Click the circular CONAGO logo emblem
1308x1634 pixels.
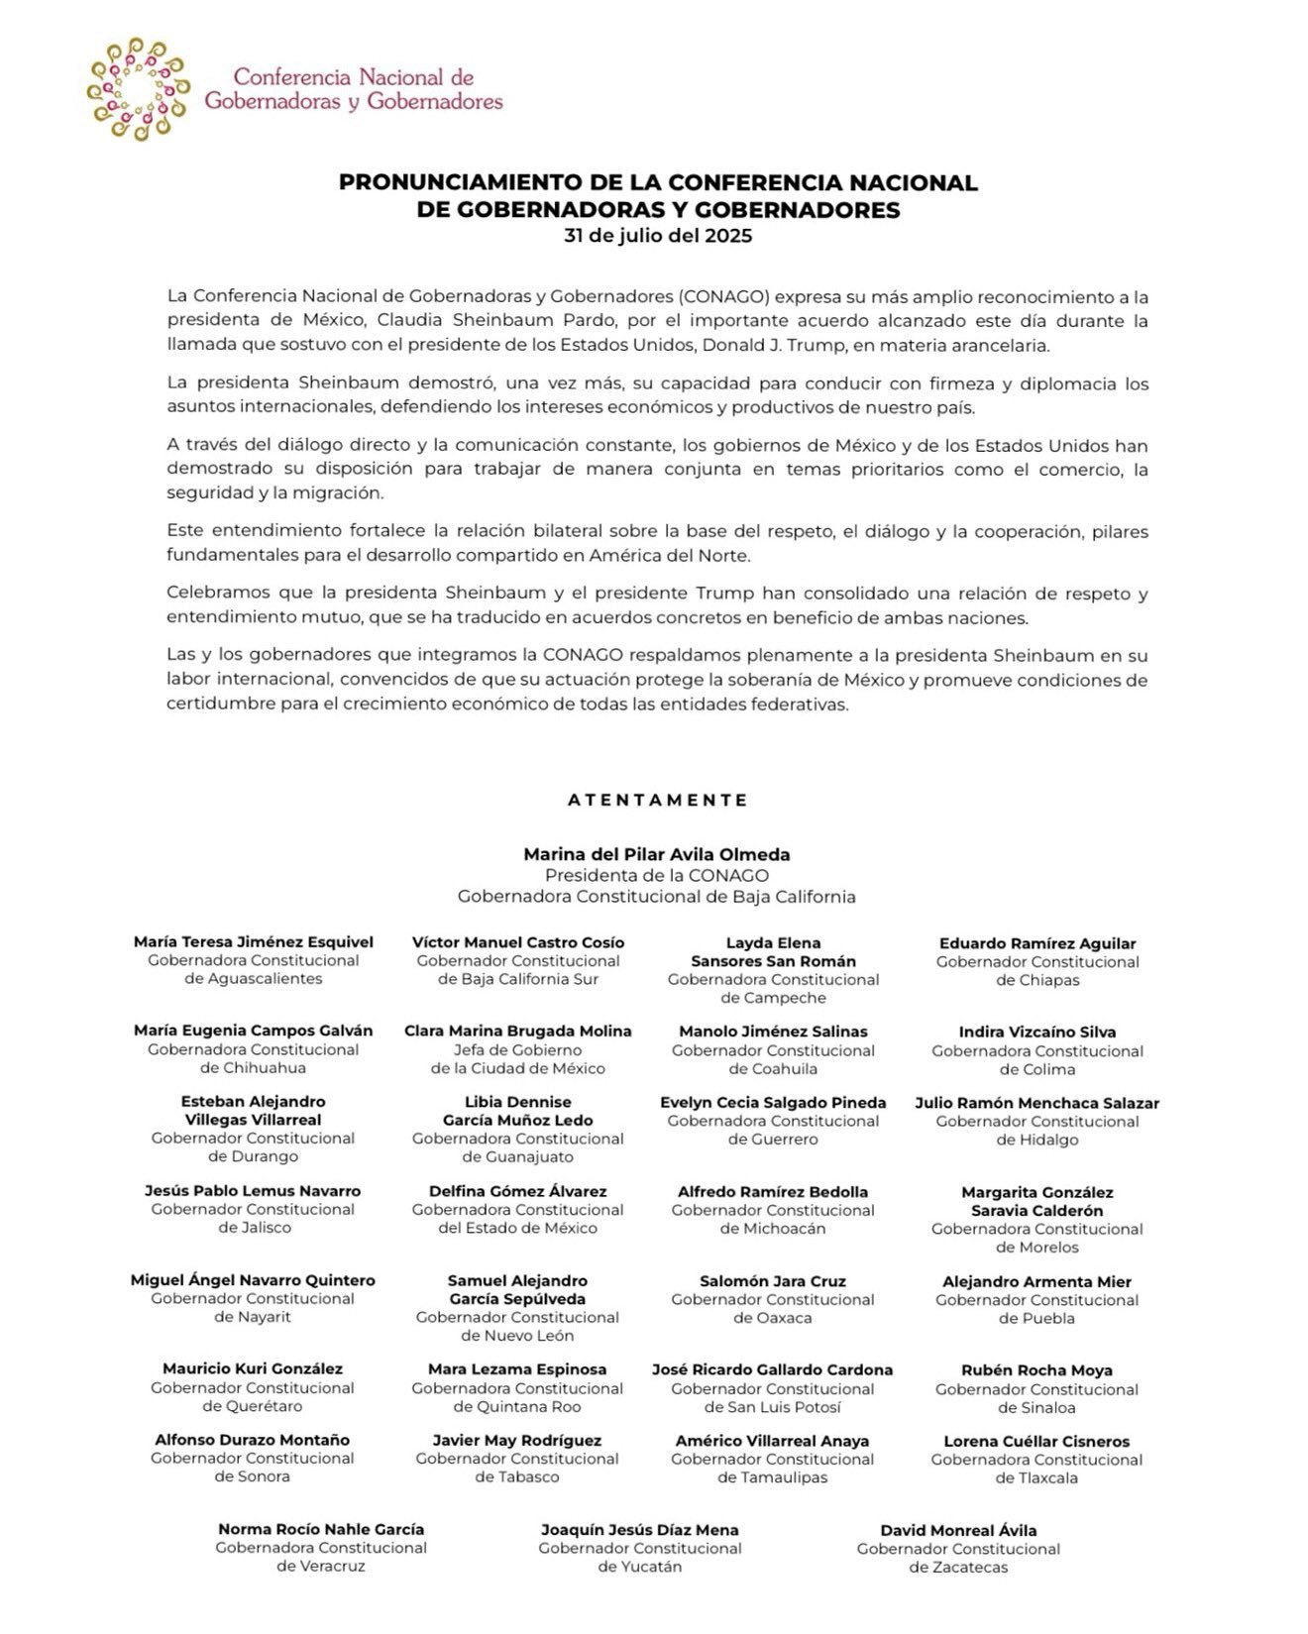click(x=138, y=89)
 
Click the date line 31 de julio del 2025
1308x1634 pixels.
click(x=658, y=236)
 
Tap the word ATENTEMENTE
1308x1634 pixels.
click(x=658, y=800)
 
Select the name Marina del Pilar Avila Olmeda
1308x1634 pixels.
click(x=657, y=854)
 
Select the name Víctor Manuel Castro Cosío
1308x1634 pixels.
click(x=518, y=942)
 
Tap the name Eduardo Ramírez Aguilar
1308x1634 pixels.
click(x=1037, y=943)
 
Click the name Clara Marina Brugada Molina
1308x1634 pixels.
click(x=518, y=1031)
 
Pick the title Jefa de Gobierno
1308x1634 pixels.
click(x=518, y=1049)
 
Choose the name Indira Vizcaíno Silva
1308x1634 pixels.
click(x=1037, y=1032)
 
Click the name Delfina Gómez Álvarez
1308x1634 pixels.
click(x=518, y=1191)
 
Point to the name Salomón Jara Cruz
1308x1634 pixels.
click(x=773, y=1281)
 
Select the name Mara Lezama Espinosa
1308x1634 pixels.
click(x=518, y=1369)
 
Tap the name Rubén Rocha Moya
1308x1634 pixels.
click(x=1037, y=1370)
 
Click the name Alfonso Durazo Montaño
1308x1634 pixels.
click(x=253, y=1440)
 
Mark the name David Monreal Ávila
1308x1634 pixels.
click(x=958, y=1530)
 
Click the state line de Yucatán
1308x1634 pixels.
click(x=640, y=1567)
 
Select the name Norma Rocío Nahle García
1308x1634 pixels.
click(x=321, y=1529)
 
